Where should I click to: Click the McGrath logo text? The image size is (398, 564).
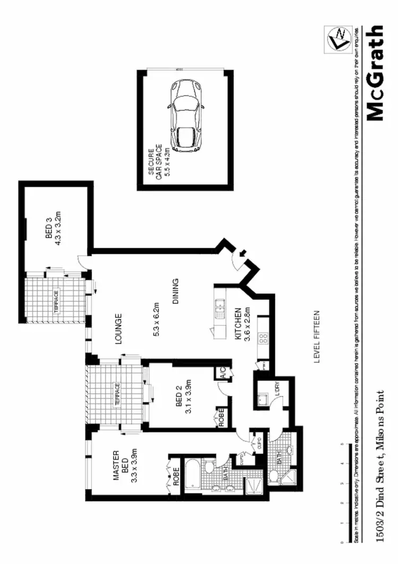[x=375, y=73]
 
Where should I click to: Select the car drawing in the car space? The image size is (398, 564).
[x=186, y=116]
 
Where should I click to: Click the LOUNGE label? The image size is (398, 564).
[x=118, y=330]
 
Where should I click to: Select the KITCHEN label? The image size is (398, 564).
[x=239, y=324]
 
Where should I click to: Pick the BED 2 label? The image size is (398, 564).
[x=179, y=407]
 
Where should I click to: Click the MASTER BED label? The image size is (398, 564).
[x=119, y=468]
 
